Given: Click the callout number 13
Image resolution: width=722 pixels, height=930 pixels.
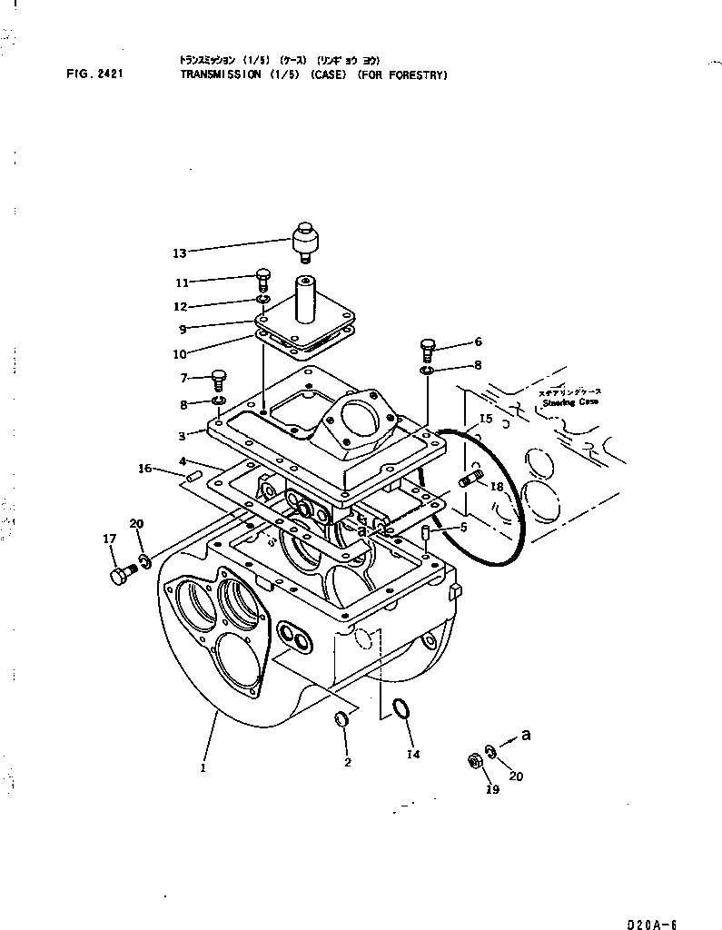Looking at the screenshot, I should [179, 252].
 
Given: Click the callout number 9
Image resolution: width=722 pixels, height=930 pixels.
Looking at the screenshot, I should [182, 330].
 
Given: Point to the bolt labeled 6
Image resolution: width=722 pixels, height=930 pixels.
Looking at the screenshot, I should [429, 347].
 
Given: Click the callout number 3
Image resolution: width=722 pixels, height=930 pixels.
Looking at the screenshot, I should [182, 437].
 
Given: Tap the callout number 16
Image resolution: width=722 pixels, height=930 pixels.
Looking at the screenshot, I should [144, 469].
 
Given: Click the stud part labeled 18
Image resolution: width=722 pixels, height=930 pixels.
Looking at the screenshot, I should [470, 478].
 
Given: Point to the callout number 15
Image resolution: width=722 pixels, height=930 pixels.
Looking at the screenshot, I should [486, 419].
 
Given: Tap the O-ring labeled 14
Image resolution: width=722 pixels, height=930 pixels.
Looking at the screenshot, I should [401, 709].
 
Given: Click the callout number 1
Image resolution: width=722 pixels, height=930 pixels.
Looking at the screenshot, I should [203, 767].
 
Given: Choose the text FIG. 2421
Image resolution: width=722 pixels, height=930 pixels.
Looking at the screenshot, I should [94, 76].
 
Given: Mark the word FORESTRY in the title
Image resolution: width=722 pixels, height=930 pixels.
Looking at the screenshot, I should [416, 76].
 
